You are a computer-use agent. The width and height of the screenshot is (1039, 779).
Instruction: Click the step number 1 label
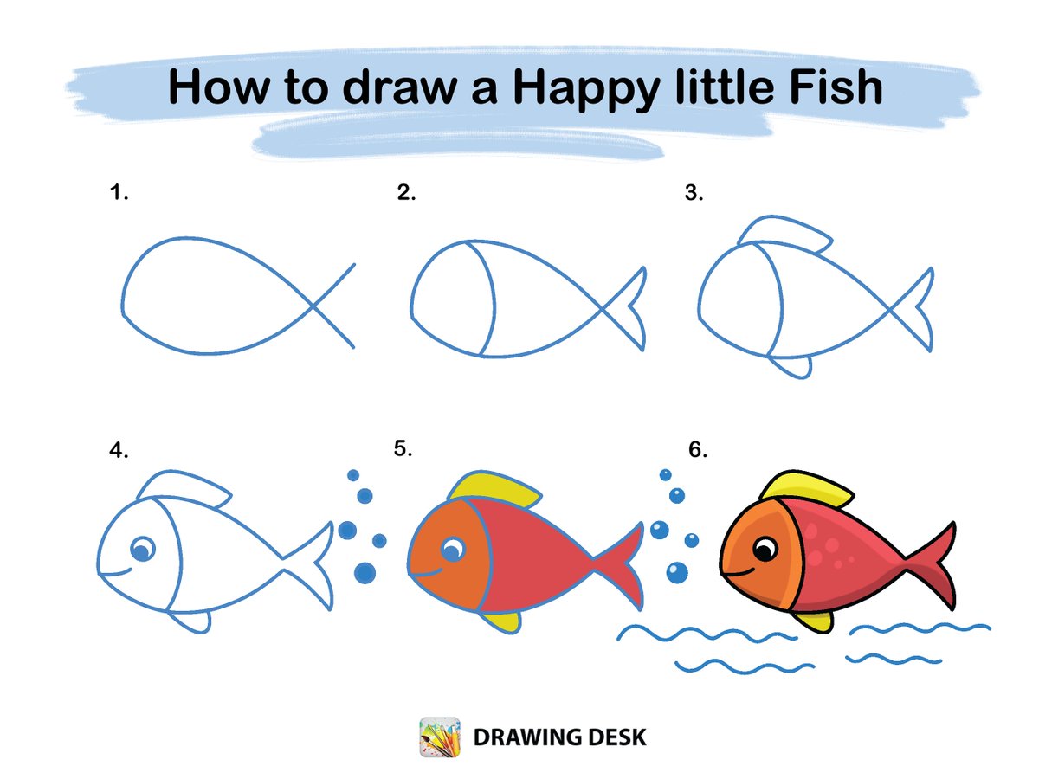click(x=119, y=192)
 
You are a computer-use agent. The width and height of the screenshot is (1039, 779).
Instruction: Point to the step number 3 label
click(x=694, y=192)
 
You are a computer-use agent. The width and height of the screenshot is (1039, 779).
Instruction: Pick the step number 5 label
click(x=403, y=448)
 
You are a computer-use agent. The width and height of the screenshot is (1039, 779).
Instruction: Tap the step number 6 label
click(x=698, y=449)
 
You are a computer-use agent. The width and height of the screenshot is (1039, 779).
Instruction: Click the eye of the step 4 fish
click(x=143, y=549)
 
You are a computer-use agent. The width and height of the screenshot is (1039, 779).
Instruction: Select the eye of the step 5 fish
click(x=453, y=549)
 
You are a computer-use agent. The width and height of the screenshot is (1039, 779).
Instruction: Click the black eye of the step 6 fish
click(x=765, y=549)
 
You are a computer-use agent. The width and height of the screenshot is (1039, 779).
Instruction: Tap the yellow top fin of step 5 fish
click(x=494, y=490)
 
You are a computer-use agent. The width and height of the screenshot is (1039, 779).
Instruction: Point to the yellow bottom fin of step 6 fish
click(x=813, y=621)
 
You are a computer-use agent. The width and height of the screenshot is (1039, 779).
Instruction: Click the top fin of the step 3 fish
click(x=784, y=234)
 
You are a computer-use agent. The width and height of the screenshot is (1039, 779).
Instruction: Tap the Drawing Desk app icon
click(x=440, y=737)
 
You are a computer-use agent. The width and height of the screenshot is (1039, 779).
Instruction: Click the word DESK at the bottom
click(x=616, y=737)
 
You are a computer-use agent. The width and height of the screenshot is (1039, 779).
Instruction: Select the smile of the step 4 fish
click(x=116, y=573)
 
